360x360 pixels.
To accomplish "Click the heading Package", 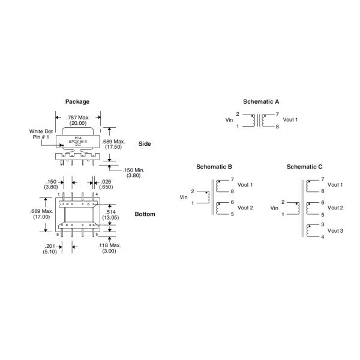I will coord(77,101).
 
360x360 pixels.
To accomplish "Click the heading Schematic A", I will coord(261,101).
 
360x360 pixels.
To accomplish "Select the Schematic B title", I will coord(214,166).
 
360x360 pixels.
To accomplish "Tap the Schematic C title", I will coord(304,166).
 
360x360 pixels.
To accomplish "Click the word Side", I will coord(145,143).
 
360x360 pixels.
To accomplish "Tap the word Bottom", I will coord(145,214).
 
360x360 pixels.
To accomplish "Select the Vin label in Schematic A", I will coord(229,120).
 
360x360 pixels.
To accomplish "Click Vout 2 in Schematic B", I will coord(245,208).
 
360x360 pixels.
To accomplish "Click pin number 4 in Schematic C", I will coord(322,237).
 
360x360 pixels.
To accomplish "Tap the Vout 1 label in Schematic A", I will coord(290,119).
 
